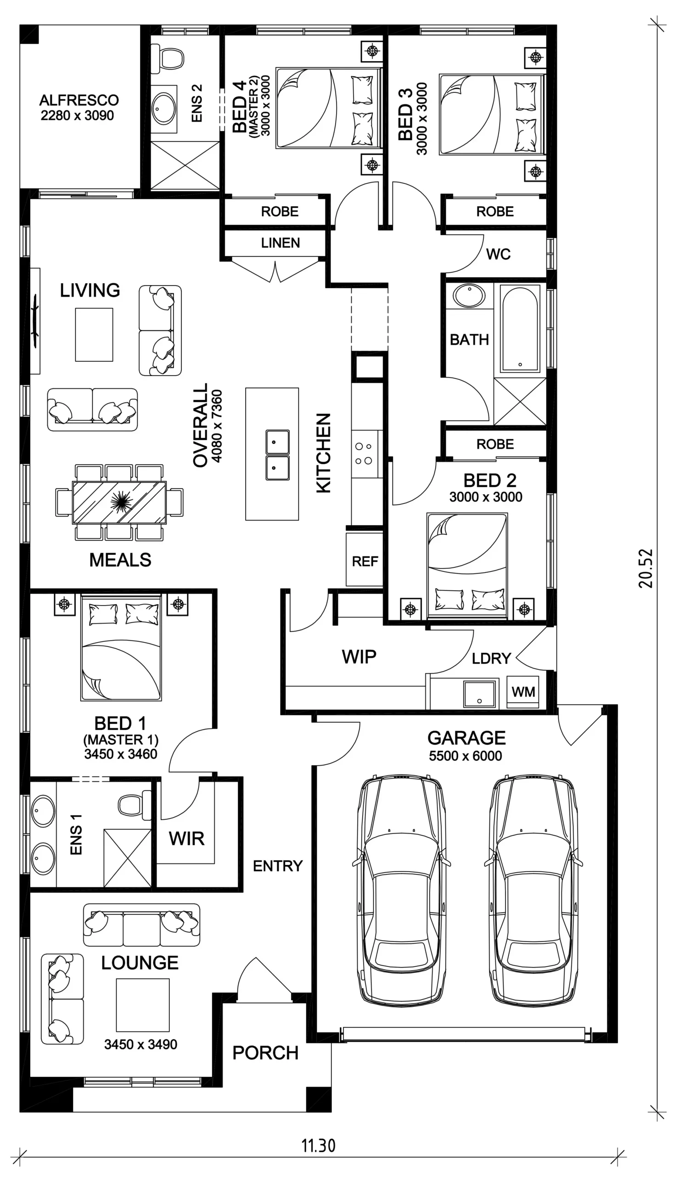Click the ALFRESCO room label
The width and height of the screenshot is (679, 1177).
[x=79, y=100]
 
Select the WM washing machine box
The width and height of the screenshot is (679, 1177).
[x=523, y=691]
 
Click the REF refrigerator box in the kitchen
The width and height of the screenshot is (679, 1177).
[x=365, y=560]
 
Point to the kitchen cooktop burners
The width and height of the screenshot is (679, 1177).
[x=364, y=453]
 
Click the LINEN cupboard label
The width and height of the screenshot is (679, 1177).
[x=280, y=243]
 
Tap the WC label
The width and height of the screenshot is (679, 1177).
[x=498, y=254]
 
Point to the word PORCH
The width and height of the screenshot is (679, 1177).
[x=265, y=1053]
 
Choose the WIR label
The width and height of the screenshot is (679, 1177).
[x=186, y=839]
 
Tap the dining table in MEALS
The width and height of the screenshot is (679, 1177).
[x=119, y=503]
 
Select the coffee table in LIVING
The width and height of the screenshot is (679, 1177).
[x=94, y=334]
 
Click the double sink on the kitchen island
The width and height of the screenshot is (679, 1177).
[x=277, y=455]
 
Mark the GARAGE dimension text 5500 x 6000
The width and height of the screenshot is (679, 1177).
[x=466, y=756]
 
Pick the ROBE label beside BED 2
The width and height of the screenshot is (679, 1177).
[x=495, y=444]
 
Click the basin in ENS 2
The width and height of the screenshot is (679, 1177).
[x=164, y=108]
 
